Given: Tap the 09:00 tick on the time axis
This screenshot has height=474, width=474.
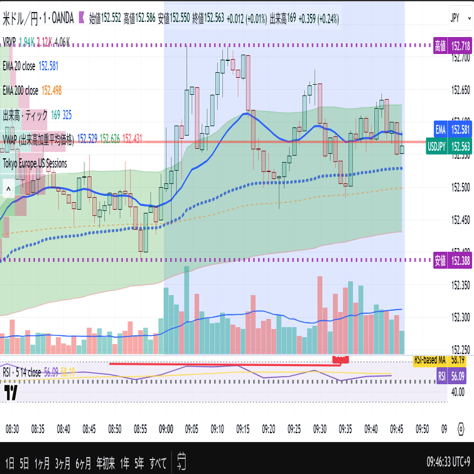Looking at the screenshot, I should [x=166, y=429].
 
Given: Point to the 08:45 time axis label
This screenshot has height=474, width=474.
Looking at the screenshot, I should [x=89, y=429].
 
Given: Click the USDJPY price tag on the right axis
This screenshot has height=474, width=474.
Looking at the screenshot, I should [x=448, y=146].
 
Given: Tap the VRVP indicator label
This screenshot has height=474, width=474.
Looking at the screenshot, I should [x=9, y=42].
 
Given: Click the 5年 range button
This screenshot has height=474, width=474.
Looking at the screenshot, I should [x=139, y=463].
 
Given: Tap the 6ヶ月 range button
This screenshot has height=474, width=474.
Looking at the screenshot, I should [x=83, y=463].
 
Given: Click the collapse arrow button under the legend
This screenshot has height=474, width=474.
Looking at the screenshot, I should [x=8, y=188].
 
